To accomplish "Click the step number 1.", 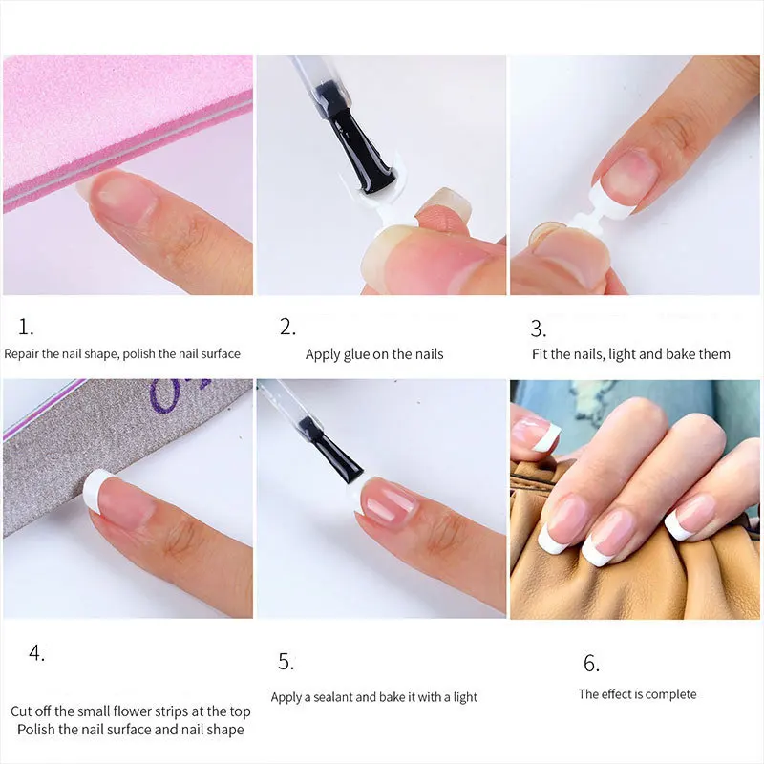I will (x=26, y=327).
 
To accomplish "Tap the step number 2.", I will (x=287, y=327).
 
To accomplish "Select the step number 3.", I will (x=538, y=329).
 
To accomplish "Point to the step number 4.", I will (x=36, y=654).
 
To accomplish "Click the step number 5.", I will (x=286, y=662).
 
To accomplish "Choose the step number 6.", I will (x=591, y=663).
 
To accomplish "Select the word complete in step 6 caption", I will (x=672, y=694).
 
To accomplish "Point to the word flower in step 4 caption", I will (x=150, y=711).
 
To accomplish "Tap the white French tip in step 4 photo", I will (x=94, y=489).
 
